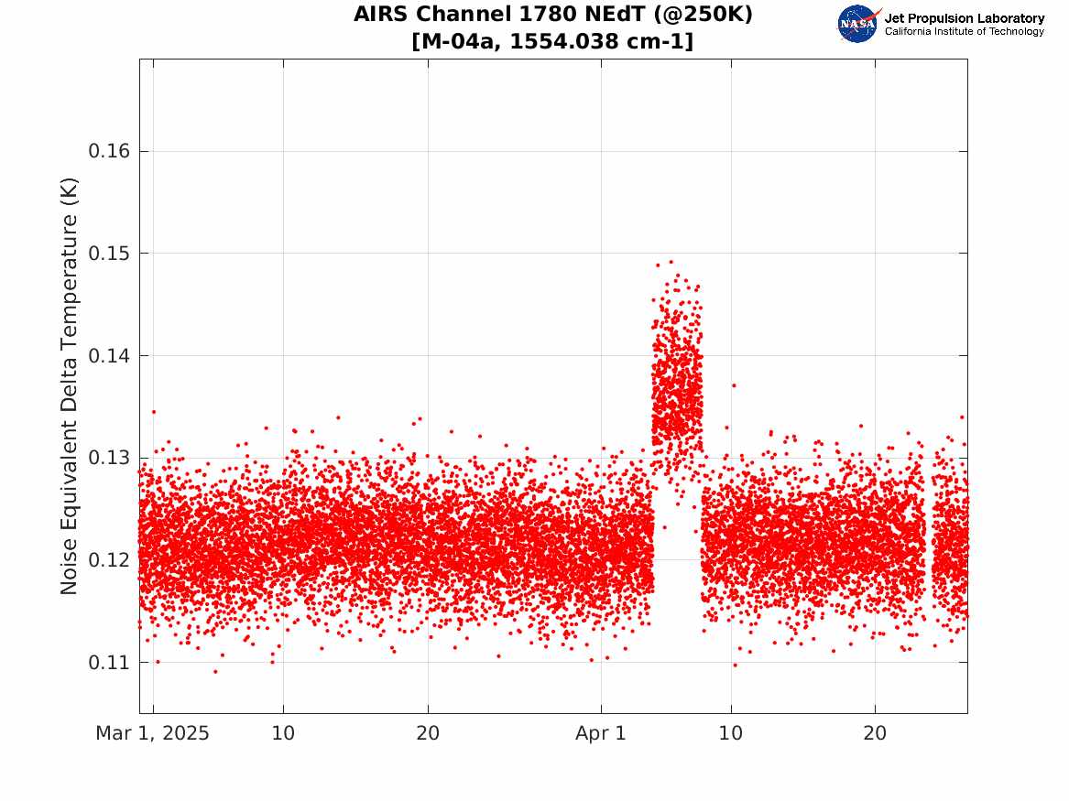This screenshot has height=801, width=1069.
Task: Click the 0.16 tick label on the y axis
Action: coord(109,151)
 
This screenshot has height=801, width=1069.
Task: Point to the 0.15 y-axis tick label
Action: coord(109,254)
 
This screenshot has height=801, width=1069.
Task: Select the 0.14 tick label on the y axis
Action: coord(109,355)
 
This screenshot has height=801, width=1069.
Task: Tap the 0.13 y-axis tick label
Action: coord(109,458)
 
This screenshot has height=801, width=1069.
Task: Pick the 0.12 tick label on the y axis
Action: coord(109,560)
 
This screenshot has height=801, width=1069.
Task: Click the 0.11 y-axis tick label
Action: coord(109,662)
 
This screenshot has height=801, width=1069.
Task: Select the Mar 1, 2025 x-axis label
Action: coord(153,733)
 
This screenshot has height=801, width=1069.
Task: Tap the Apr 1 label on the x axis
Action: coord(601,733)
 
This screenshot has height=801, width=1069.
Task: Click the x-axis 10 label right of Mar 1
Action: coord(283,733)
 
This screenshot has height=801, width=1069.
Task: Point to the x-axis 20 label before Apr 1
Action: coord(428,733)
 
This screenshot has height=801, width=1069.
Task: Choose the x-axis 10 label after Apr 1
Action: coord(731,733)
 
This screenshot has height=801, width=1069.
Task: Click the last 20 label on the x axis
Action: coord(876,733)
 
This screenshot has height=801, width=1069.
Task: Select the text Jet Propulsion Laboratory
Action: coord(965,18)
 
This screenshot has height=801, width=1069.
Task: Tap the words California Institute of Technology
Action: coord(965,31)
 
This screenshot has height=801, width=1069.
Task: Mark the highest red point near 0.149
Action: coord(671,262)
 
